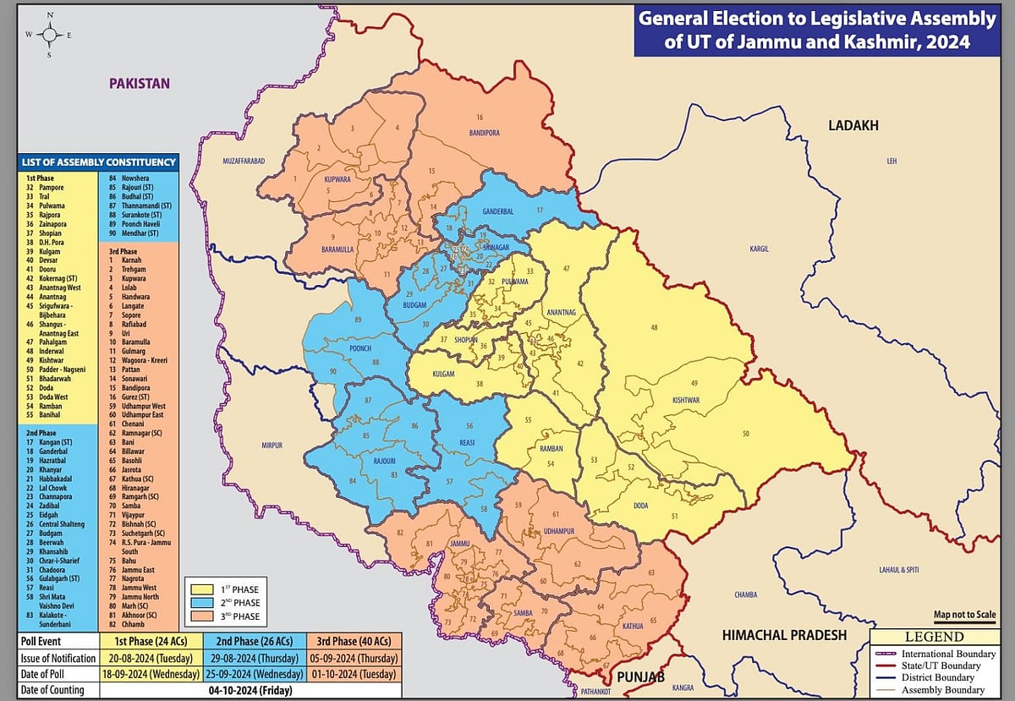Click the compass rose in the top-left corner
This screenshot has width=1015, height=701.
[x=49, y=35]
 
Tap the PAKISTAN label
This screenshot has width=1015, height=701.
[x=139, y=83]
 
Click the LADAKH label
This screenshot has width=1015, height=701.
[x=853, y=125]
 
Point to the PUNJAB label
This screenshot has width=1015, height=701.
[x=640, y=677]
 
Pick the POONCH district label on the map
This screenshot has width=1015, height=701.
[x=359, y=348]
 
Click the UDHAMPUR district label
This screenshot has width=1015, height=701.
[x=560, y=530]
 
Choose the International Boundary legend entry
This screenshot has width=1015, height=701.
[x=934, y=654]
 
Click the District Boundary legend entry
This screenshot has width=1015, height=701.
[x=934, y=677]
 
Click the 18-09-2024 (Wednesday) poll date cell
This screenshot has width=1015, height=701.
[x=151, y=674]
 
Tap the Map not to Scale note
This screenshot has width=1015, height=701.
[x=964, y=614]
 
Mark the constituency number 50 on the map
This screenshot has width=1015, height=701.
[x=745, y=434]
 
